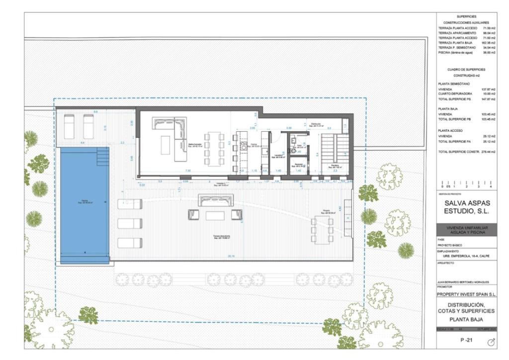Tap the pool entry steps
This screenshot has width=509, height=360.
[102, 157]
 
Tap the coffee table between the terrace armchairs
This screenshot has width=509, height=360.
[215, 215]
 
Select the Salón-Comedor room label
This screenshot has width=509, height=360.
[194, 146]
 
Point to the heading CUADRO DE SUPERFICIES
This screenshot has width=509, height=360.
[466, 70]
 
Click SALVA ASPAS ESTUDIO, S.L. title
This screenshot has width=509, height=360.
[466, 207]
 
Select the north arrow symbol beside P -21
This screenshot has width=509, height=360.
[491, 342]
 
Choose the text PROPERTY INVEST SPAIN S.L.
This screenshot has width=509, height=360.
[466, 294]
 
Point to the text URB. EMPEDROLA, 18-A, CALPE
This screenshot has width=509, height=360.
[462, 257]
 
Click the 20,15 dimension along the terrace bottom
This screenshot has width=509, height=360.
[231, 257]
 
